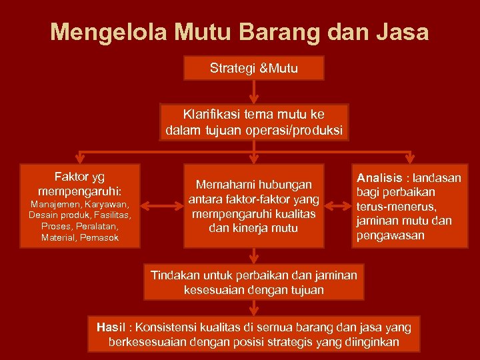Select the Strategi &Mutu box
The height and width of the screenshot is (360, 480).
click(253, 68)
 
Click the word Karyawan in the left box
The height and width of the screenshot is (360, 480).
click(105, 203)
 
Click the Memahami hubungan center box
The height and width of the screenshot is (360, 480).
click(253, 206)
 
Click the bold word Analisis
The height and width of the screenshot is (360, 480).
click(379, 178)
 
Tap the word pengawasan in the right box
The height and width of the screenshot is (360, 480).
click(390, 235)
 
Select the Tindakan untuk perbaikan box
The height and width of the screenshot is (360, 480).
click(253, 282)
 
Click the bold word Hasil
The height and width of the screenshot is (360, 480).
click(111, 327)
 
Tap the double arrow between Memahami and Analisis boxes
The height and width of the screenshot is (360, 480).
click(338, 206)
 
